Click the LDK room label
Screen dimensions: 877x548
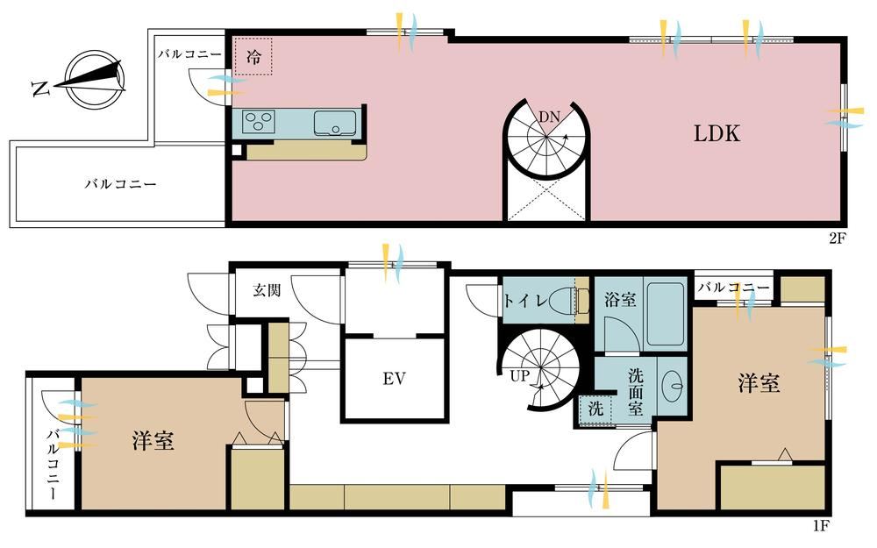pyautogui.click(x=717, y=133)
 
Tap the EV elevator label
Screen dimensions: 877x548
pyautogui.click(x=394, y=379)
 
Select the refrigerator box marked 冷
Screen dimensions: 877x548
pyautogui.click(x=253, y=56)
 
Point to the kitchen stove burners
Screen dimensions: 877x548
pyautogui.click(x=259, y=122)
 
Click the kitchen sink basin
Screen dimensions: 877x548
pyautogui.click(x=335, y=123)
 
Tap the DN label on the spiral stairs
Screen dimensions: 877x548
pyautogui.click(x=549, y=117)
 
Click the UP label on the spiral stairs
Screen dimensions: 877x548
pyautogui.click(x=519, y=376)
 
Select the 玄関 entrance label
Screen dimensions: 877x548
pyautogui.click(x=267, y=289)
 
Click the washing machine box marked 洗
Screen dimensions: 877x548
pyautogui.click(x=595, y=409)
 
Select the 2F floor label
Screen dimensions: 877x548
pyautogui.click(x=838, y=238)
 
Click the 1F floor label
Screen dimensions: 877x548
pyautogui.click(x=821, y=525)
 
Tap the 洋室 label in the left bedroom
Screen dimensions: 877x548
pyautogui.click(x=153, y=440)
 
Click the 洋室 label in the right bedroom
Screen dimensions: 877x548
pyautogui.click(x=759, y=384)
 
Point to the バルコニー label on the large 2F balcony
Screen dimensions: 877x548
pyautogui.click(x=120, y=183)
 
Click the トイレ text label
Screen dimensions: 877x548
pyautogui.click(x=525, y=301)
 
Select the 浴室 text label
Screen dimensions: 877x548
pyautogui.click(x=620, y=300)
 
